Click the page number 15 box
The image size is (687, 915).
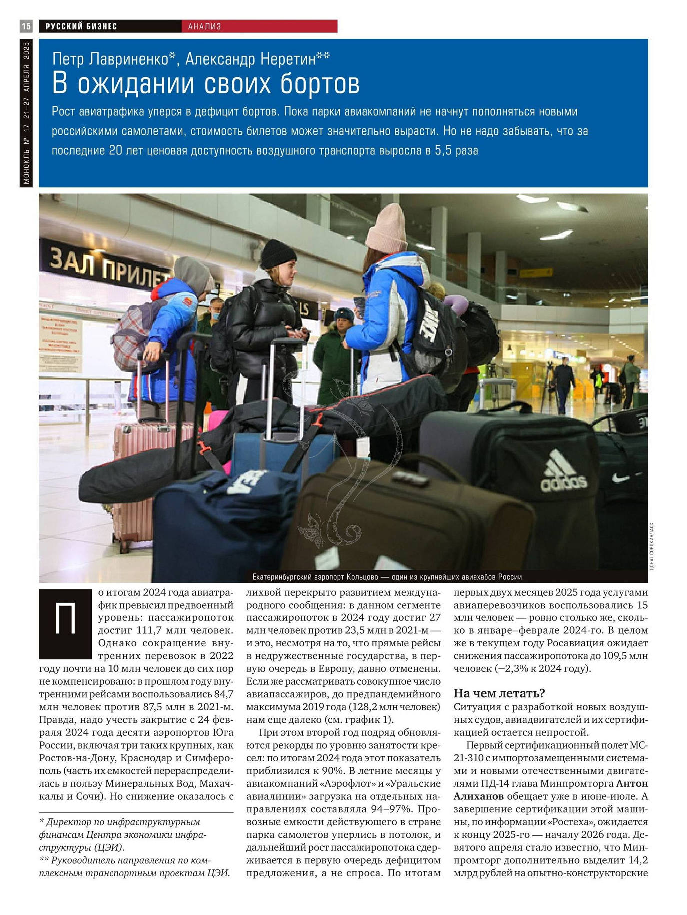coord(26,26)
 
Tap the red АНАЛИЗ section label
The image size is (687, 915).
coord(205,26)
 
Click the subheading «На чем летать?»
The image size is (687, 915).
coord(499,693)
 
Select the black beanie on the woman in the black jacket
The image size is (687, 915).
coord(278,253)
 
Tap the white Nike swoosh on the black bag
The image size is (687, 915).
coord(621,478)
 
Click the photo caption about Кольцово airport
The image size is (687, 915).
coord(387,577)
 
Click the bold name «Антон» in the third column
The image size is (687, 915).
coord(632,783)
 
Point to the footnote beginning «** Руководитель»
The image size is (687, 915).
coord(135,866)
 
